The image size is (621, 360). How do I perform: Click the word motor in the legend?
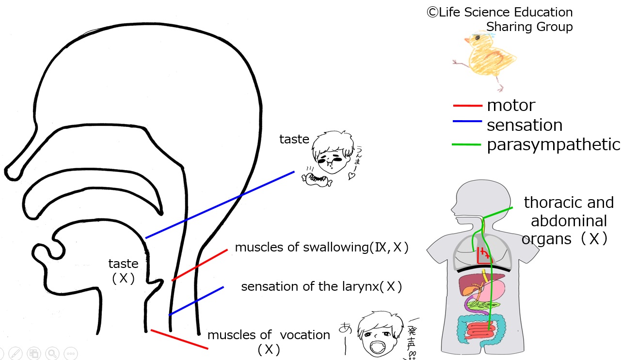511,105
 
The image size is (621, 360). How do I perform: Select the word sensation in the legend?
525,125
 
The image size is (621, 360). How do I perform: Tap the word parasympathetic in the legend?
553,144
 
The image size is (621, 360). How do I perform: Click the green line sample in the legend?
467,144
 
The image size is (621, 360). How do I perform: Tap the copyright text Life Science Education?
500,13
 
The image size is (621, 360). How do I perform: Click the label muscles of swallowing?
321,248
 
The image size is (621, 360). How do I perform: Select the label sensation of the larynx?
321,286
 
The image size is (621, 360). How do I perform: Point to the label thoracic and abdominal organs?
568,220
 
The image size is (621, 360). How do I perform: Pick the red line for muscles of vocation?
179,339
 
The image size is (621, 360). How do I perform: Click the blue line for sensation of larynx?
196,301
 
